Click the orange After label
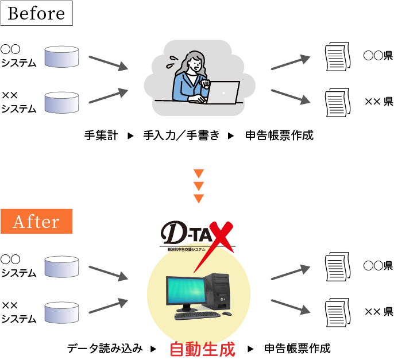(x=36, y=222)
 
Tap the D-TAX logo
(x=195, y=235)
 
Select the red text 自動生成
(x=203, y=349)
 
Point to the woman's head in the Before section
(x=194, y=62)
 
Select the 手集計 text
(x=101, y=136)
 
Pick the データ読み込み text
(x=105, y=349)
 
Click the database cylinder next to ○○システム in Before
(x=61, y=56)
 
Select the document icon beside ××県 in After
(x=337, y=311)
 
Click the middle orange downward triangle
(x=199, y=186)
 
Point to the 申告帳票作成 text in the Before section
(x=280, y=136)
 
